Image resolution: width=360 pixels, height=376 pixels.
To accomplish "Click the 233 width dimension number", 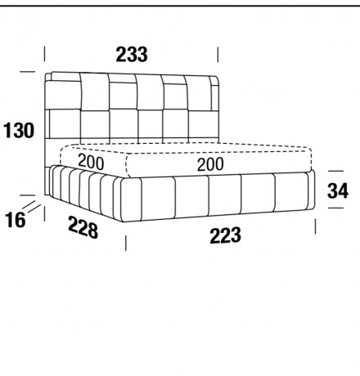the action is (x=132, y=55).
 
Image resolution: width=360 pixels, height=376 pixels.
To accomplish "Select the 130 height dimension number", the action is (x=19, y=130).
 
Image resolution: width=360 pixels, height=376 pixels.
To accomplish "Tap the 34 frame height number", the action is (x=338, y=190).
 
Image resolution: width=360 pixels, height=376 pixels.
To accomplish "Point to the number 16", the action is (x=16, y=220).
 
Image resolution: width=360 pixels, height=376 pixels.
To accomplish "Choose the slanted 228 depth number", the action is (x=83, y=227).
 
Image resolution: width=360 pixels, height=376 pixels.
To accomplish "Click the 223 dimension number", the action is (x=226, y=235).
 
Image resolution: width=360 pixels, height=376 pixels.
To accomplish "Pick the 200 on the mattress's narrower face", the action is (x=91, y=162).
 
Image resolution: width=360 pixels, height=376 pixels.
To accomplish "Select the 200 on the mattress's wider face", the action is (x=210, y=164).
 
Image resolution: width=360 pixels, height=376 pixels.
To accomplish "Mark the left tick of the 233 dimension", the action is (x=44, y=54).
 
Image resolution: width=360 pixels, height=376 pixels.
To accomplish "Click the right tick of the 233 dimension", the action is (x=218, y=55).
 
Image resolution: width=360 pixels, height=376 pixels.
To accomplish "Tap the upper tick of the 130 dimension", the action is (x=28, y=72).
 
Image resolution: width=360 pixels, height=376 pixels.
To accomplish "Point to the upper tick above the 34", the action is (x=335, y=171).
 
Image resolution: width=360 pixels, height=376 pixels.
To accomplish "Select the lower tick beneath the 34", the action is (x=335, y=208).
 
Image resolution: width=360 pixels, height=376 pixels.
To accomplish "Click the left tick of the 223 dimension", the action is (x=126, y=243).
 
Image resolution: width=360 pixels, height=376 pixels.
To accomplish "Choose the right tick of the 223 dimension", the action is (x=316, y=226).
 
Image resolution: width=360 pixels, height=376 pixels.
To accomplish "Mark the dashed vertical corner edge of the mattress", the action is (x=127, y=166).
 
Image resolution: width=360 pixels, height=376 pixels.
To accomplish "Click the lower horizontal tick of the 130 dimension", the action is (x=28, y=195).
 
